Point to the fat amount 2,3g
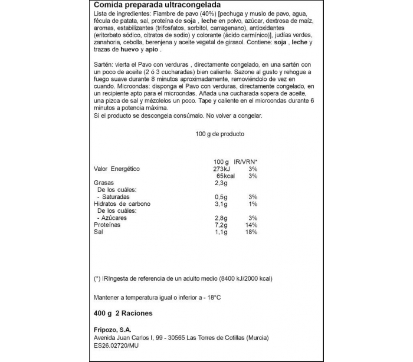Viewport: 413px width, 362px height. point(221,183)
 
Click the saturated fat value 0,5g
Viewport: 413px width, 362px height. point(221,197)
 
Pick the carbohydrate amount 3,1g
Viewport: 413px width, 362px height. point(221,204)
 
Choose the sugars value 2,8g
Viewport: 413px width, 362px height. point(221,218)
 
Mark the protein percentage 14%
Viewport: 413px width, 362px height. point(253,225)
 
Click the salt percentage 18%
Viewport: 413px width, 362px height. point(253,232)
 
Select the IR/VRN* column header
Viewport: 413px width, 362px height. point(247,162)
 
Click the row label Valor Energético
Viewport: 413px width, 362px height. point(117,169)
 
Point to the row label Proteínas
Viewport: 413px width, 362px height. point(107,225)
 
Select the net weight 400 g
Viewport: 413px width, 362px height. point(103,313)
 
